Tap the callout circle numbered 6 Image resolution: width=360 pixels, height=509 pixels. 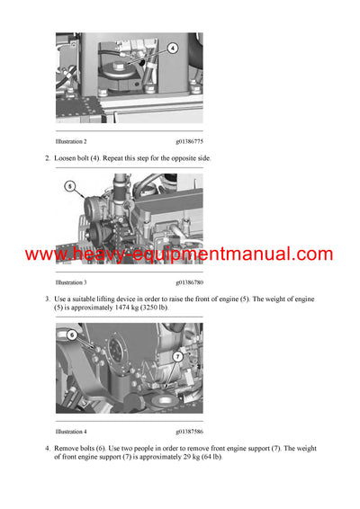pyautogui.click(x=72, y=334)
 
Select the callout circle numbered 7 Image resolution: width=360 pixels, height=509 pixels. pyautogui.click(x=178, y=357)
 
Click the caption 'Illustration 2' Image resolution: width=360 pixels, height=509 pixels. pyautogui.click(x=71, y=141)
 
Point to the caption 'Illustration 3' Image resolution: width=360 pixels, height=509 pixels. pyautogui.click(x=71, y=281)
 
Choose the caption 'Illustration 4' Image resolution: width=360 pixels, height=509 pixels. pyautogui.click(x=71, y=431)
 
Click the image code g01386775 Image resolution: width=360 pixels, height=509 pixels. pyautogui.click(x=189, y=141)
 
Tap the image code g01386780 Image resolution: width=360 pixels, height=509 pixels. pyautogui.click(x=189, y=281)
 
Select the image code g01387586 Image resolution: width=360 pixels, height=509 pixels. pyautogui.click(x=189, y=431)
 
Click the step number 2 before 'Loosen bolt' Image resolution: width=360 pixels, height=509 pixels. pyautogui.click(x=47, y=158)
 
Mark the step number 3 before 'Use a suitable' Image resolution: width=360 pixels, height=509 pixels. pyautogui.click(x=47, y=299)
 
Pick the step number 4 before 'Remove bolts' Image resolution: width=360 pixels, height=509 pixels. pyautogui.click(x=47, y=448)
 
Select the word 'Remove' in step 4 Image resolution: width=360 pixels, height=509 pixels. pyautogui.click(x=68, y=448)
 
